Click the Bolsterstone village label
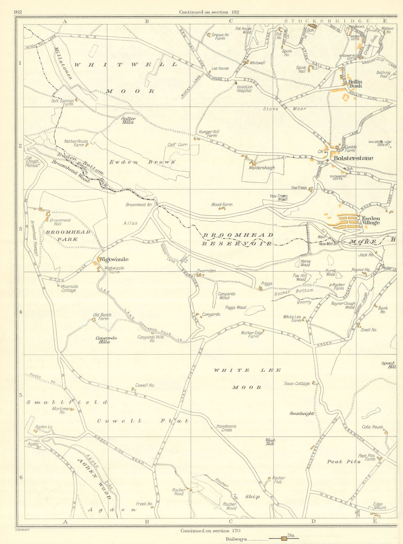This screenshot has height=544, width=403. click(x=353, y=158)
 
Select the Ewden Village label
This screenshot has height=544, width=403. click(x=370, y=220)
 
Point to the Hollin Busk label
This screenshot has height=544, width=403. click(x=355, y=83)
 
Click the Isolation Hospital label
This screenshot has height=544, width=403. click(x=244, y=89)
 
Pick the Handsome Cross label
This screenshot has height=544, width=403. click(x=226, y=428)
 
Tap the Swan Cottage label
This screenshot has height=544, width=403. click(x=297, y=384)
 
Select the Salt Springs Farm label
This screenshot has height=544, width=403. click(x=62, y=102)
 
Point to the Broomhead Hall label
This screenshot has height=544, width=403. click(x=60, y=222)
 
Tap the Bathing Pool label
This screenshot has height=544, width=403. click(x=383, y=74)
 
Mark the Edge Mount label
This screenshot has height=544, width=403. click(x=380, y=506)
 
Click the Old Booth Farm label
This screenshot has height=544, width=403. click(x=102, y=317)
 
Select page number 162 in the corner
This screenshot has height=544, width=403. click(x=17, y=12)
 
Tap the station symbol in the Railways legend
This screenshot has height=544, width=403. click(x=285, y=538)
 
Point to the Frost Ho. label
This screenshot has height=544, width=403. click(x=144, y=504)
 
